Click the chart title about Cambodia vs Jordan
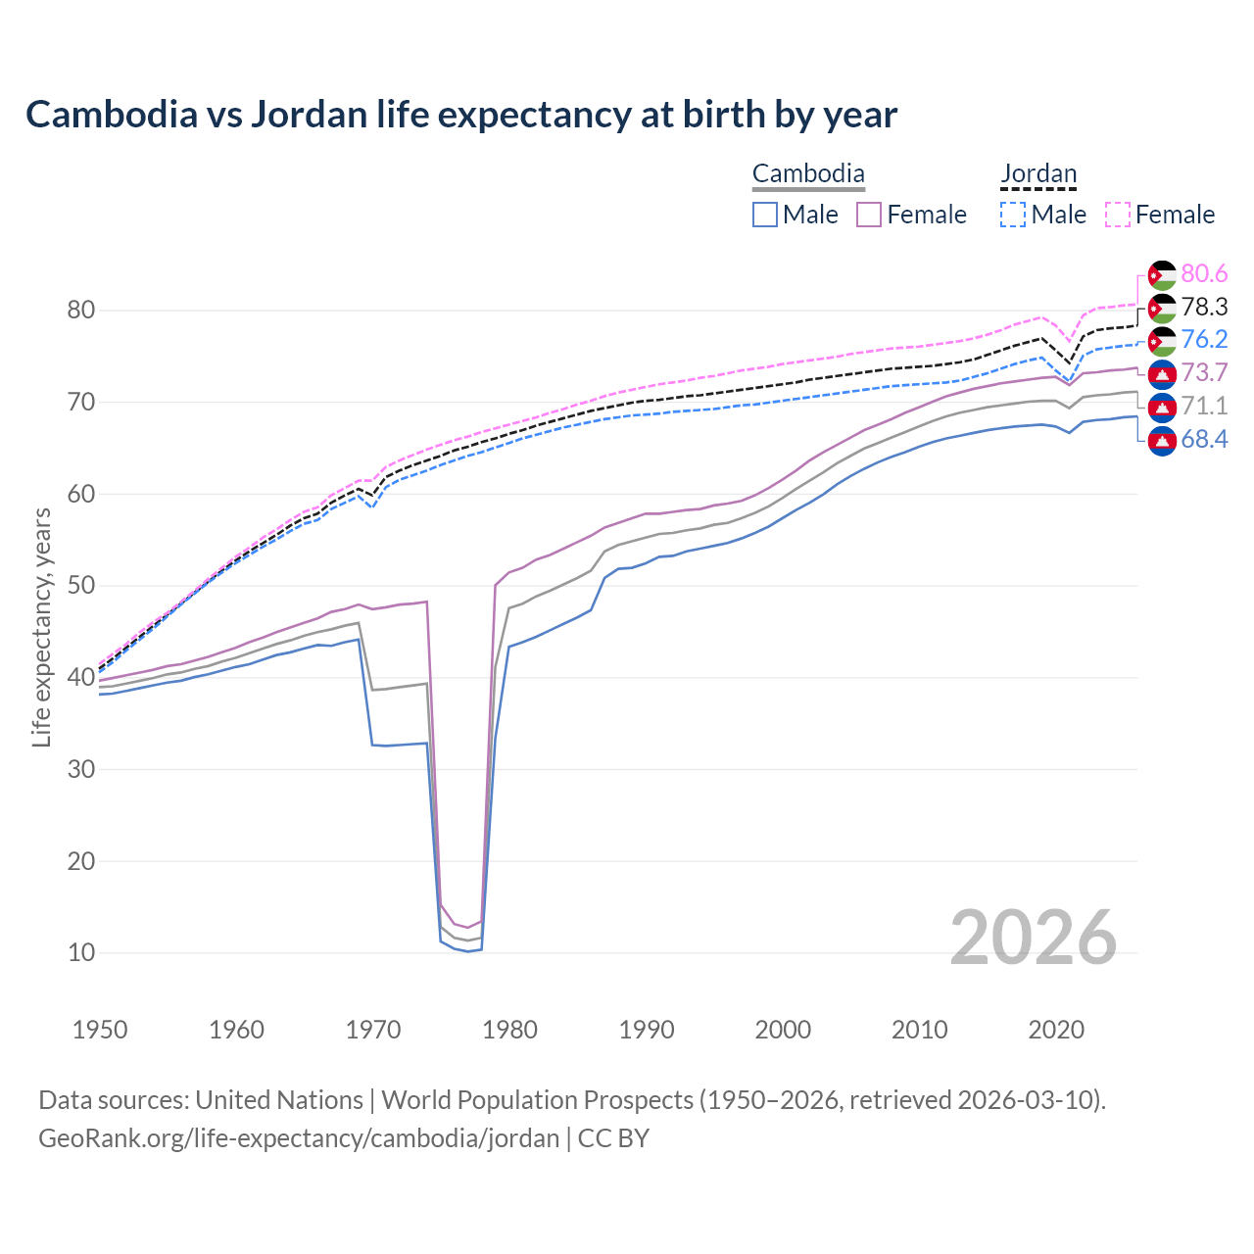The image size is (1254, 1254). (460, 115)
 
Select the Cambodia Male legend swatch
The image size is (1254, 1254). (765, 215)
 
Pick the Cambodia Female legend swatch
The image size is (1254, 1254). (869, 215)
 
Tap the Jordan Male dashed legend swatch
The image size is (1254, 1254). (1013, 215)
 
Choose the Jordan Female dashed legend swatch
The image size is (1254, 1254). (1118, 215)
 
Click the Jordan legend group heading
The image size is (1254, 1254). (1038, 174)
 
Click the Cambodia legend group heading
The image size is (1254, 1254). (808, 174)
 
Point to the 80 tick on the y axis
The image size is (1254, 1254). (81, 311)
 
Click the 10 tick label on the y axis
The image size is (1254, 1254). (81, 953)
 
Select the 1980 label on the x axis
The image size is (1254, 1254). (509, 1030)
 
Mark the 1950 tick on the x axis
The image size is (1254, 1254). (101, 1030)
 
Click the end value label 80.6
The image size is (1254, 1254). (1204, 274)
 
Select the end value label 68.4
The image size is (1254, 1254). (1204, 439)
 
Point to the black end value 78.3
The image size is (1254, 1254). (1204, 308)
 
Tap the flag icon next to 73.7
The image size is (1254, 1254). (1162, 373)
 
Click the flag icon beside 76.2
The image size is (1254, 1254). (1162, 341)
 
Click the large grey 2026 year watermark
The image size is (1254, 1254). (1034, 938)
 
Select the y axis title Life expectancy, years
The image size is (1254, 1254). (41, 627)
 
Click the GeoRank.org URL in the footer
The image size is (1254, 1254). (299, 1138)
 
